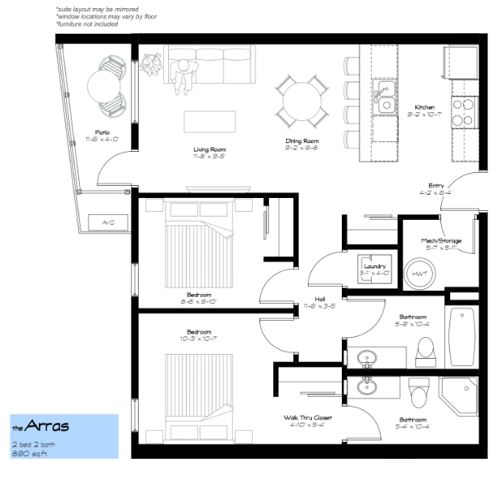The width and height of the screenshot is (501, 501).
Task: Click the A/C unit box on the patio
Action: point(107,222)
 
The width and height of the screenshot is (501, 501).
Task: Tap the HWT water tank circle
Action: point(419,274)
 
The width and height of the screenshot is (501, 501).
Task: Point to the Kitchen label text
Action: point(425,107)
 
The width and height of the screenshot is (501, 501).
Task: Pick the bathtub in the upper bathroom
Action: point(462,335)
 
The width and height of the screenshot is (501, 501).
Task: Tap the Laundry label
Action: point(374,266)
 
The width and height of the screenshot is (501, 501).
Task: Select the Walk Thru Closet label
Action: point(307,417)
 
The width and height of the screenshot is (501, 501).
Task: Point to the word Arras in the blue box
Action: point(46,426)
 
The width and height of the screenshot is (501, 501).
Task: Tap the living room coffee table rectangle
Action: point(210,121)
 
